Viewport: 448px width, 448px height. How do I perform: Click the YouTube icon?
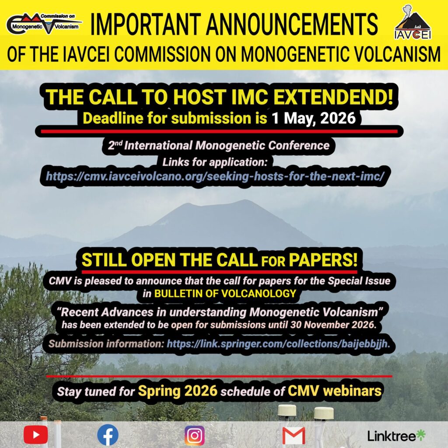pyautogui.click(x=36, y=434)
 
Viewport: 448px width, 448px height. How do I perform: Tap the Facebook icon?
pyautogui.click(x=108, y=435)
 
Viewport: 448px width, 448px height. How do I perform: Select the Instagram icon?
pyautogui.click(x=195, y=436)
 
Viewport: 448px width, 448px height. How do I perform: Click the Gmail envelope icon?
pyautogui.click(x=294, y=436)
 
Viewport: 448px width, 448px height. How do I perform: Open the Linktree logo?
pyautogui.click(x=396, y=436)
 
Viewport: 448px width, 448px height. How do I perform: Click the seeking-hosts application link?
pyautogui.click(x=215, y=176)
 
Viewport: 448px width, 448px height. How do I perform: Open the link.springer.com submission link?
pyautogui.click(x=278, y=344)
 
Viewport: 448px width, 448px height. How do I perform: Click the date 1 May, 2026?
pyautogui.click(x=313, y=118)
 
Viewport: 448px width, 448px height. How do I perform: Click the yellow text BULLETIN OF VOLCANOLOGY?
pyautogui.click(x=225, y=294)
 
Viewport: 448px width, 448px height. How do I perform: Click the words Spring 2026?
pyautogui.click(x=178, y=391)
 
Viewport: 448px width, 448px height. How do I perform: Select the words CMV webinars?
pyautogui.click(x=335, y=391)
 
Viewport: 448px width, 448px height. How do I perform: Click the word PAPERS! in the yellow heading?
pyautogui.click(x=323, y=260)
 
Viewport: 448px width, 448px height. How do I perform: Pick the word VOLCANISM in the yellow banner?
pyautogui.click(x=389, y=54)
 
